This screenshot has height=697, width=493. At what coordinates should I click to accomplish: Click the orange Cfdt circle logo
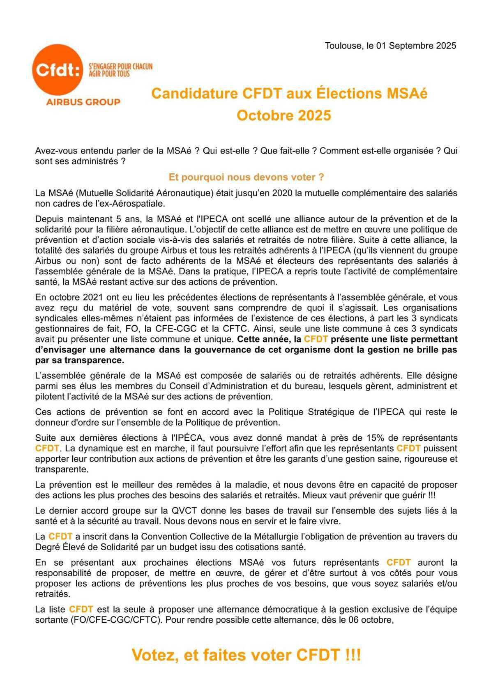click(58, 70)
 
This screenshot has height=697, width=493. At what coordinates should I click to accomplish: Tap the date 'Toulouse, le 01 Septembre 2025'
click(390, 46)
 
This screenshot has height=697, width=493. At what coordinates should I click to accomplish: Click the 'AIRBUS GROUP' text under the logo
click(83, 102)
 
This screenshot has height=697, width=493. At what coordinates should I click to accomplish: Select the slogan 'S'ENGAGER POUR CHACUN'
click(120, 66)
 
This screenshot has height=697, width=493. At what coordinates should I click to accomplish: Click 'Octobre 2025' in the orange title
click(283, 115)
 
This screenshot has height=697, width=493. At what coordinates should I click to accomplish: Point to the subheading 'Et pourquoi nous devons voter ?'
click(246, 177)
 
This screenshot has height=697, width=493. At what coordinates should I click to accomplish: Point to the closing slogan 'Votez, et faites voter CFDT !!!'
click(246, 655)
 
